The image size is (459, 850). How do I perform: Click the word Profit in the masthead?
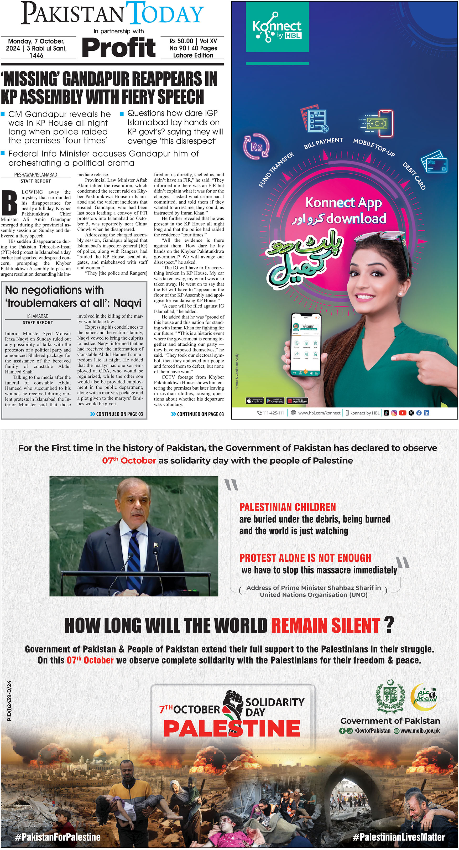click(119, 48)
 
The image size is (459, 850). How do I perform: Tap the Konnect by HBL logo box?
click(277, 27)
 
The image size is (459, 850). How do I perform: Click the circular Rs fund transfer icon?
click(256, 147)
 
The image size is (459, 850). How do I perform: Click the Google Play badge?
click(275, 401)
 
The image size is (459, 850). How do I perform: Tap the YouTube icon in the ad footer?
click(403, 413)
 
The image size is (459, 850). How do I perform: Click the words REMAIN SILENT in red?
click(325, 625)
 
